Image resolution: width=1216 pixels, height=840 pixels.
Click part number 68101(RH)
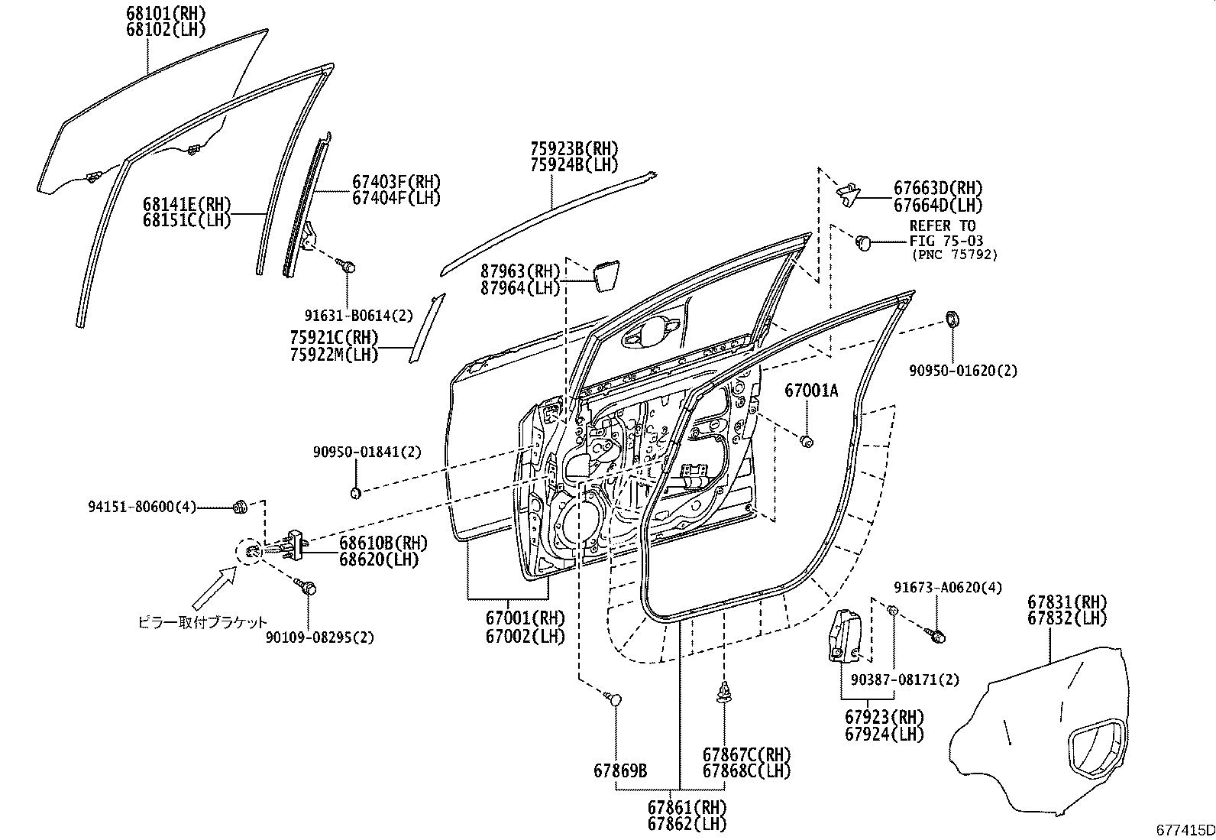click(166, 13)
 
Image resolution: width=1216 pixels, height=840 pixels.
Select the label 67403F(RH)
click(396, 182)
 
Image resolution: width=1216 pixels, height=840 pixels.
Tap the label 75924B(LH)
click(574, 164)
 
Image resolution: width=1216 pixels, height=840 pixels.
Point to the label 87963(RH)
click(519, 271)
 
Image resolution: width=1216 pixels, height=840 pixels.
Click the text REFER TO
click(942, 226)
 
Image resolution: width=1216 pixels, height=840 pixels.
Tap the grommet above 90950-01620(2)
click(952, 318)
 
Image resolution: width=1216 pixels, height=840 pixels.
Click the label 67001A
click(811, 391)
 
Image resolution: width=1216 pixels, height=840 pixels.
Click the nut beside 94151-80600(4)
click(239, 505)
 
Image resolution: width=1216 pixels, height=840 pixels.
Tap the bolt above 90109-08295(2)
click(309, 589)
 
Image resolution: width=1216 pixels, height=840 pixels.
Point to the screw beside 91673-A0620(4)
click(937, 634)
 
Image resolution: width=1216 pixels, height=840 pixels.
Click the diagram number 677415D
click(1184, 830)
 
